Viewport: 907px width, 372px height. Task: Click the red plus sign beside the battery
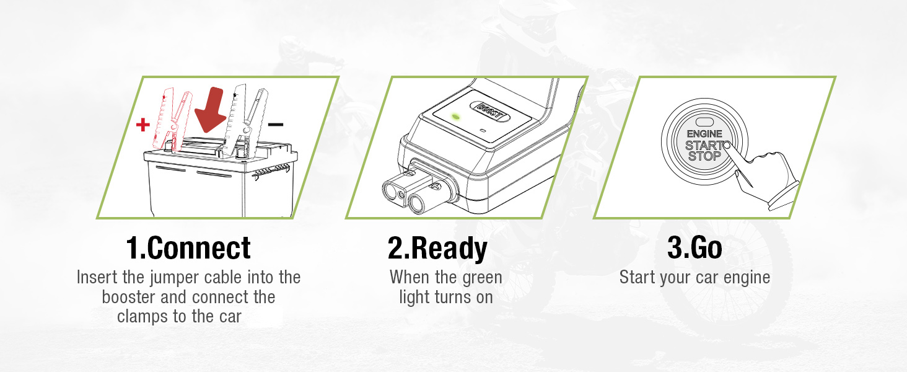(143, 125)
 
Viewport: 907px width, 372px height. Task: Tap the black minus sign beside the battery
(276, 125)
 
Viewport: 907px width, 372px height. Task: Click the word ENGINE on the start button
(704, 134)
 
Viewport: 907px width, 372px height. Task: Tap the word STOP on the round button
(704, 156)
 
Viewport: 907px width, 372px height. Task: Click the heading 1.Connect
(188, 248)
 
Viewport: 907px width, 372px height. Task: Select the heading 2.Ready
(437, 248)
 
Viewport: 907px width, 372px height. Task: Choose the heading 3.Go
(694, 248)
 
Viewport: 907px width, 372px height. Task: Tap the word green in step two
(482, 277)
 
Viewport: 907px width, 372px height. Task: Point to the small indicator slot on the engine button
(704, 123)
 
